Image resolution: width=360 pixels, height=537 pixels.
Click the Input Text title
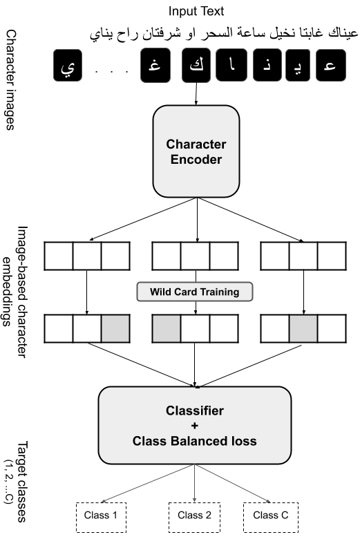pyautogui.click(x=197, y=12)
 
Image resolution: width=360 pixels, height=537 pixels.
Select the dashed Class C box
pyautogui.click(x=270, y=516)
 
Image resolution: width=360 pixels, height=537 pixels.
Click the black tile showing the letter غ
pyautogui.click(x=155, y=68)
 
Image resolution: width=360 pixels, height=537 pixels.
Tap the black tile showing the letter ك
pyautogui.click(x=197, y=68)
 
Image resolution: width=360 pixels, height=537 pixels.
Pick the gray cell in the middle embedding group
pyautogui.click(x=167, y=328)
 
